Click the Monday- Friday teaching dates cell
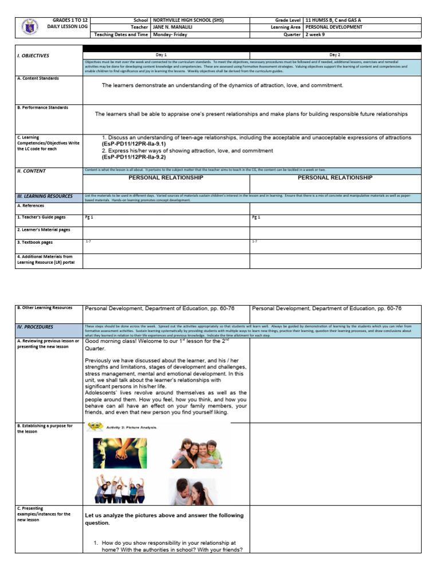169,34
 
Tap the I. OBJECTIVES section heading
33,56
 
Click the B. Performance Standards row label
42,108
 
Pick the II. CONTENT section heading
32,171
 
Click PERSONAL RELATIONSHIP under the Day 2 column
335,178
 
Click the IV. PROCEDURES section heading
35,327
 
